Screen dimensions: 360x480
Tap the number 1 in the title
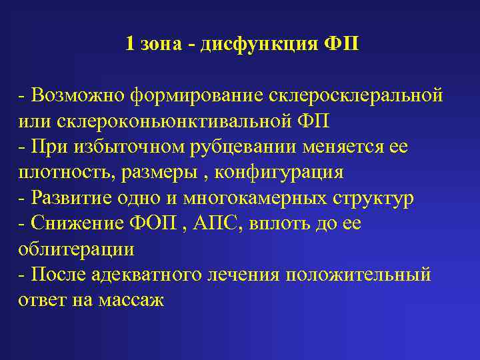click(129, 45)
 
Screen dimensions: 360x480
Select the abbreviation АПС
click(215, 223)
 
